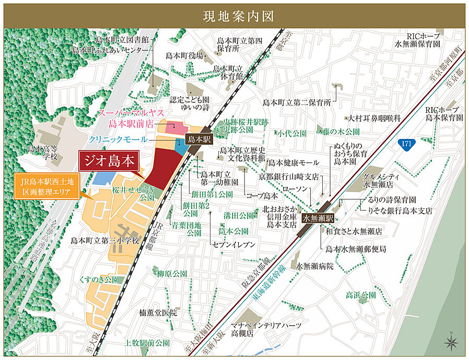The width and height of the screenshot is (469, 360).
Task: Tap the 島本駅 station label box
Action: pos(198,140)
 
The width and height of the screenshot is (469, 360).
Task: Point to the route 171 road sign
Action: pos(406,143)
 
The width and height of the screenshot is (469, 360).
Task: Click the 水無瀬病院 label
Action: pos(314,266)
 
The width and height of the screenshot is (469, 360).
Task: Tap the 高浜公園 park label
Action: pos(360,295)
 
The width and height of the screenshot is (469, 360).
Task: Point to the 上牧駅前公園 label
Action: pos(148,343)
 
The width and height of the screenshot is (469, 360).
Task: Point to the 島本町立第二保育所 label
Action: pos(297,102)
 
